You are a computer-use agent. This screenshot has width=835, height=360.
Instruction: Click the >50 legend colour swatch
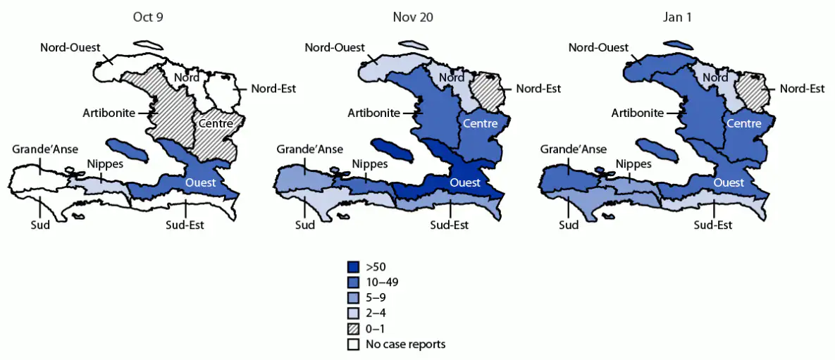click(x=354, y=267)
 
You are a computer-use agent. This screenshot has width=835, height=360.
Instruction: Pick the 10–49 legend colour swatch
click(x=354, y=283)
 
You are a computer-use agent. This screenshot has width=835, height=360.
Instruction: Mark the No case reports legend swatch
click(x=354, y=345)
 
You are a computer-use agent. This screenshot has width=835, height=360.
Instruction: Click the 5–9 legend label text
click(x=376, y=298)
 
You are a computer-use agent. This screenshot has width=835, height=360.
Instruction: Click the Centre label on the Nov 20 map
click(x=480, y=124)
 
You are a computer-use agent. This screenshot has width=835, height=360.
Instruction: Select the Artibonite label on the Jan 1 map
click(x=637, y=113)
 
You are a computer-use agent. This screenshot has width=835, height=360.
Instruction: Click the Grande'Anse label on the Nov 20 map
click(x=309, y=149)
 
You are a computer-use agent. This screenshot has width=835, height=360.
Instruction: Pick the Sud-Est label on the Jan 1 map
click(x=713, y=225)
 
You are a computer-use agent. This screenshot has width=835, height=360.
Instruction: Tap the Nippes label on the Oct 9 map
click(x=104, y=164)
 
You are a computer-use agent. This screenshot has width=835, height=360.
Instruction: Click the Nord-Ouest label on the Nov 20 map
click(x=335, y=48)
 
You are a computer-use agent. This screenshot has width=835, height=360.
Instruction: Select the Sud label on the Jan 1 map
click(x=569, y=225)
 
